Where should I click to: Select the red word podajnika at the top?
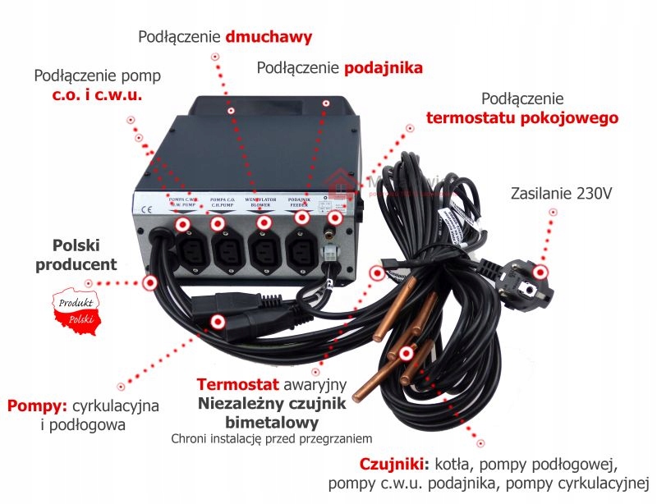[384, 68]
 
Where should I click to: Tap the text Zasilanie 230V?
[562, 195]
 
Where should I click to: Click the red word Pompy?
[38, 406]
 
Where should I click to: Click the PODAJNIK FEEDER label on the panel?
[299, 202]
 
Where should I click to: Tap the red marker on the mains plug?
[540, 273]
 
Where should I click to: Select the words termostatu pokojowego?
[521, 118]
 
